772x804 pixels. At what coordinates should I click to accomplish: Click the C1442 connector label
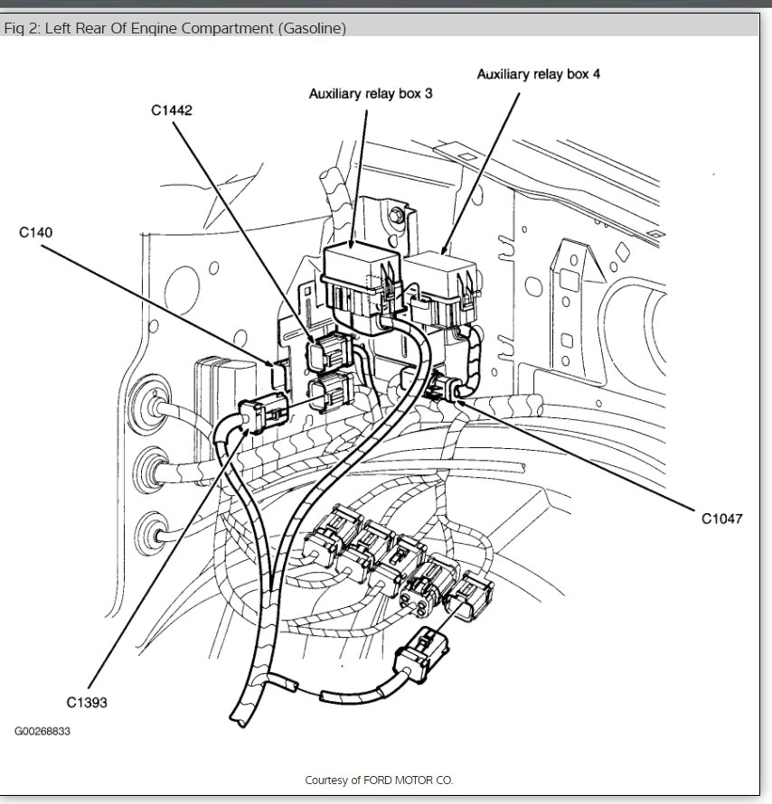[x=172, y=110]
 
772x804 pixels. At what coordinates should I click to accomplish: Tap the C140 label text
[x=36, y=233]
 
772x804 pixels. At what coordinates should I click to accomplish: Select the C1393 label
[x=87, y=701]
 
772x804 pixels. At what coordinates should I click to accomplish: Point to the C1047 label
[x=722, y=519]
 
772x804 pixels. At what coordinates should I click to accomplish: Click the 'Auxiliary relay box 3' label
[x=371, y=93]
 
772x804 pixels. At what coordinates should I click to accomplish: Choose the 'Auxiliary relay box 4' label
[x=538, y=74]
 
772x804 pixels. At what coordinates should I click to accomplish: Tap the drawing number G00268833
[x=42, y=731]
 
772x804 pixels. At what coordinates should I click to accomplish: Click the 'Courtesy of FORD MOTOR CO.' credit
[x=379, y=780]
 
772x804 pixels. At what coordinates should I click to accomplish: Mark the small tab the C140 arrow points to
[x=277, y=370]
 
